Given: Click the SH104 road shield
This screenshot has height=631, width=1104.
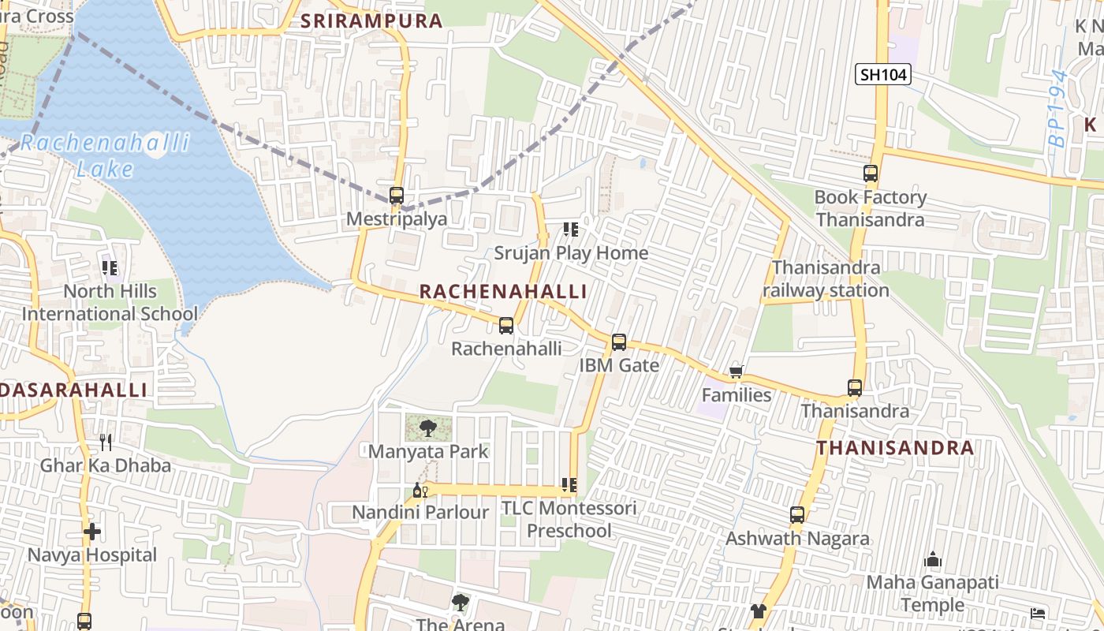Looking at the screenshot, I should point(883,75).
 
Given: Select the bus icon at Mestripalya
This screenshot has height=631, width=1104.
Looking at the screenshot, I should point(397,196).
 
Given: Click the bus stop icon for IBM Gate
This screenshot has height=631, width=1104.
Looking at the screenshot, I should point(619,342).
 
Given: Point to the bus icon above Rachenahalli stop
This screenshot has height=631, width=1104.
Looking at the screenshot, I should point(506,325).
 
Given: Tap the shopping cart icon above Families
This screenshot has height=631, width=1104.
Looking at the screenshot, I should point(736,372).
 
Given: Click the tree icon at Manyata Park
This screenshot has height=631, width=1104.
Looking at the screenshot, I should point(428,428).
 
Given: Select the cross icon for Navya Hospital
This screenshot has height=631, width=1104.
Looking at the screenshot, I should point(92,532).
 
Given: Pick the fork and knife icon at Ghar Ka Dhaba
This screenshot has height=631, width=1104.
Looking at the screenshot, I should point(106,442).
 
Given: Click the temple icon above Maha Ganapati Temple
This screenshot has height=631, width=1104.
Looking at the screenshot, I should point(933,560).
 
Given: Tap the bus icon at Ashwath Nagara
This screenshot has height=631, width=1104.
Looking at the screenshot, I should point(797,515).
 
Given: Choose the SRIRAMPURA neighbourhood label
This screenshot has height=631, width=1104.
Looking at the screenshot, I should point(372,21).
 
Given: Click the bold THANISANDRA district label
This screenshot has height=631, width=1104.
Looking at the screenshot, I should point(895,448).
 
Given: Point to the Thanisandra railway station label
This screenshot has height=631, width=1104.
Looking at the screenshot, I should point(826,279).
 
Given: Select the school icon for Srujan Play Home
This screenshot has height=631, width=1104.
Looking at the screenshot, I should point(570,230).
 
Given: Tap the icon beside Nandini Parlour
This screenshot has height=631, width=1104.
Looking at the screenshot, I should point(420,491).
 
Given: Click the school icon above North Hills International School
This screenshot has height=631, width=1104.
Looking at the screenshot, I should point(110,268).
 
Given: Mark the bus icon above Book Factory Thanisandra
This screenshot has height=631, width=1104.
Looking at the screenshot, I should point(871,174).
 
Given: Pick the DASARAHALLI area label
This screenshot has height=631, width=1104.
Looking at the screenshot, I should point(74,390).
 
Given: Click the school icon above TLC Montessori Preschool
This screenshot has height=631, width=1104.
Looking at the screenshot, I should point(569,485).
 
